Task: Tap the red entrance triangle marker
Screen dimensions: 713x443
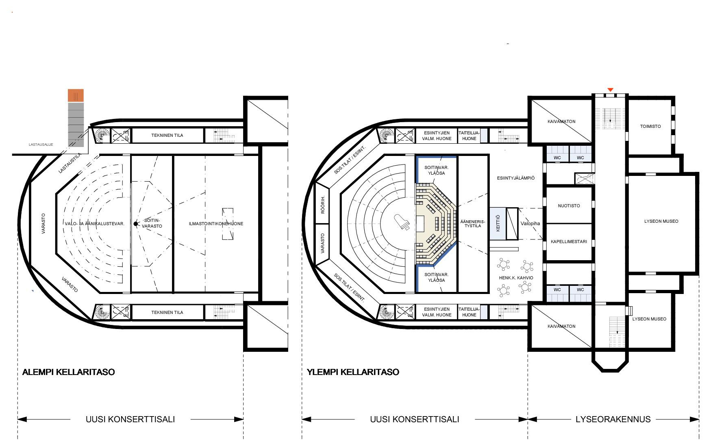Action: [610, 90]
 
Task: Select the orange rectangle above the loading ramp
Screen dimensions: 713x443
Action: [76, 95]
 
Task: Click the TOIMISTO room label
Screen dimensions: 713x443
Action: [650, 126]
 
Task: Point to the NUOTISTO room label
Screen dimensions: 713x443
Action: [569, 206]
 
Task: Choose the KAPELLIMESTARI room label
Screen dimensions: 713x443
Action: [569, 241]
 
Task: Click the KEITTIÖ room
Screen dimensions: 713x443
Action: [498, 224]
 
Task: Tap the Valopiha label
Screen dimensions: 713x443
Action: [530, 224]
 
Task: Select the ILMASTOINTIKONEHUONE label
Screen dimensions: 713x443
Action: [216, 224]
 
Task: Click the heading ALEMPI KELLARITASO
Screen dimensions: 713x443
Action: [68, 372]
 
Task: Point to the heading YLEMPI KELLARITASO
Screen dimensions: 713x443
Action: [353, 372]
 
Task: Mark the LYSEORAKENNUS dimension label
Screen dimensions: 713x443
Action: [613, 419]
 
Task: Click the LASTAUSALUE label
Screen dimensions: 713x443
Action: [41, 145]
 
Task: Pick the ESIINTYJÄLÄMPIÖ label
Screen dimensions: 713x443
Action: [516, 178]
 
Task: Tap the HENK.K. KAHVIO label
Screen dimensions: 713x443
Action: [516, 278]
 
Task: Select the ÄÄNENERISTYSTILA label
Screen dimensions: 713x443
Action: [473, 224]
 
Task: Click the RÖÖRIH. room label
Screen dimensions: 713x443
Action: [323, 205]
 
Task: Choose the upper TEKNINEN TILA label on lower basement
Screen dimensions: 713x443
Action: [167, 135]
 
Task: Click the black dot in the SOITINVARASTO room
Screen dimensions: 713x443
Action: [136, 224]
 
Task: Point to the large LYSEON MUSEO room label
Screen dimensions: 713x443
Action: [661, 221]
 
